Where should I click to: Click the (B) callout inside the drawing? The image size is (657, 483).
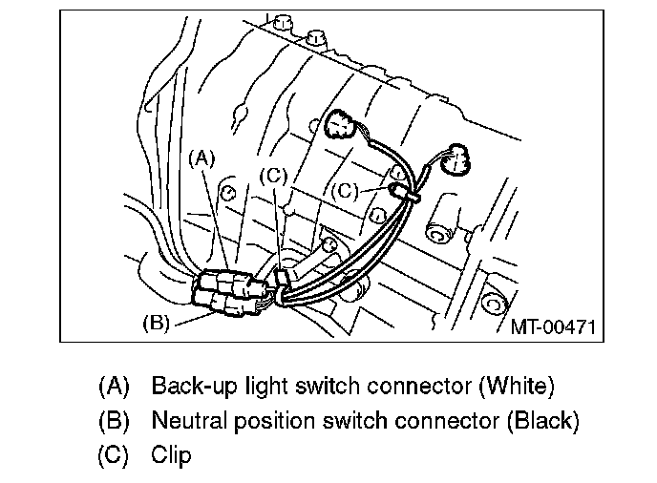156,323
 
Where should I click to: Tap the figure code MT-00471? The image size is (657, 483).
553,326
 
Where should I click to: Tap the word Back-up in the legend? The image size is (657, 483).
190,387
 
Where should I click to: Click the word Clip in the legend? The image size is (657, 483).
171,454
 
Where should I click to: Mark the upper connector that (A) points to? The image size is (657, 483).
229,282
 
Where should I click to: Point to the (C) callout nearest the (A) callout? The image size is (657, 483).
273,176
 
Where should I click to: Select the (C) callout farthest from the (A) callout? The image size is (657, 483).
345,191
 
